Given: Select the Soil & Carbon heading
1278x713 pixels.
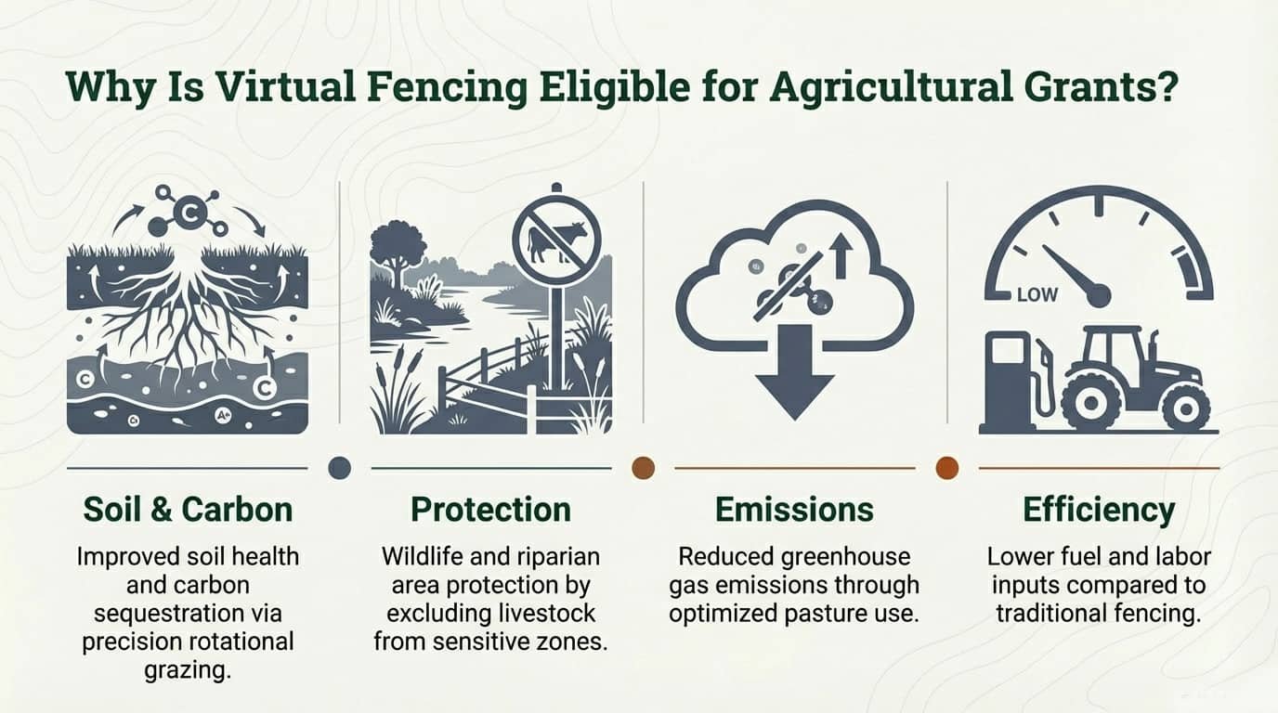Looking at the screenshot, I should (x=188, y=510).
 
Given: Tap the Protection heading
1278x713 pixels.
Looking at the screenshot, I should (x=490, y=510).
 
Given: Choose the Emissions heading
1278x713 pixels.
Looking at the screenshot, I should (x=794, y=510).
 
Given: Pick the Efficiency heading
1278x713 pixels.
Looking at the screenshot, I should (x=1099, y=510).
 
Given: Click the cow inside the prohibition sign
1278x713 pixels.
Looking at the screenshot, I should (x=557, y=242).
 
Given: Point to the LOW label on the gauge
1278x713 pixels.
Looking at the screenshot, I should (x=1037, y=295).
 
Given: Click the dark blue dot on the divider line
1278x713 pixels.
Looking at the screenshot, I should (x=340, y=468).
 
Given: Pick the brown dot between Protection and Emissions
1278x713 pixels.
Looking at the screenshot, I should (x=643, y=468).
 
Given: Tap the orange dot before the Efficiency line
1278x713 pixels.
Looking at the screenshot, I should (x=946, y=468).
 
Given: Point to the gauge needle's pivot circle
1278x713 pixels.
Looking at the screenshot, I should (x=1099, y=296).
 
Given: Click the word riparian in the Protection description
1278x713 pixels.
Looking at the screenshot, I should (x=558, y=557).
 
